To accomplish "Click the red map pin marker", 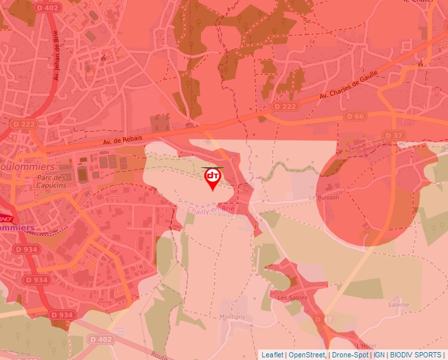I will pos(212,178).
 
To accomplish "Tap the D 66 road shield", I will pos(355,116).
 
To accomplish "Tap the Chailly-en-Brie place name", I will pos(211,210).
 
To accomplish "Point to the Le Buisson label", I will pos(323,197).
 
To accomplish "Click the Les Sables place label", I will pos(291,297).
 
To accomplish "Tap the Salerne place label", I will pos(398,305).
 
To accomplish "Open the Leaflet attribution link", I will pos(272,355).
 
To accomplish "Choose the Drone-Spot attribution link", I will pos(349,355).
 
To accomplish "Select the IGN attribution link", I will pos(379,355).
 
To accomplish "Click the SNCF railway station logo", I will pos(5,218).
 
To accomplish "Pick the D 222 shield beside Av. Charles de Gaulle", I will pos(285,106).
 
